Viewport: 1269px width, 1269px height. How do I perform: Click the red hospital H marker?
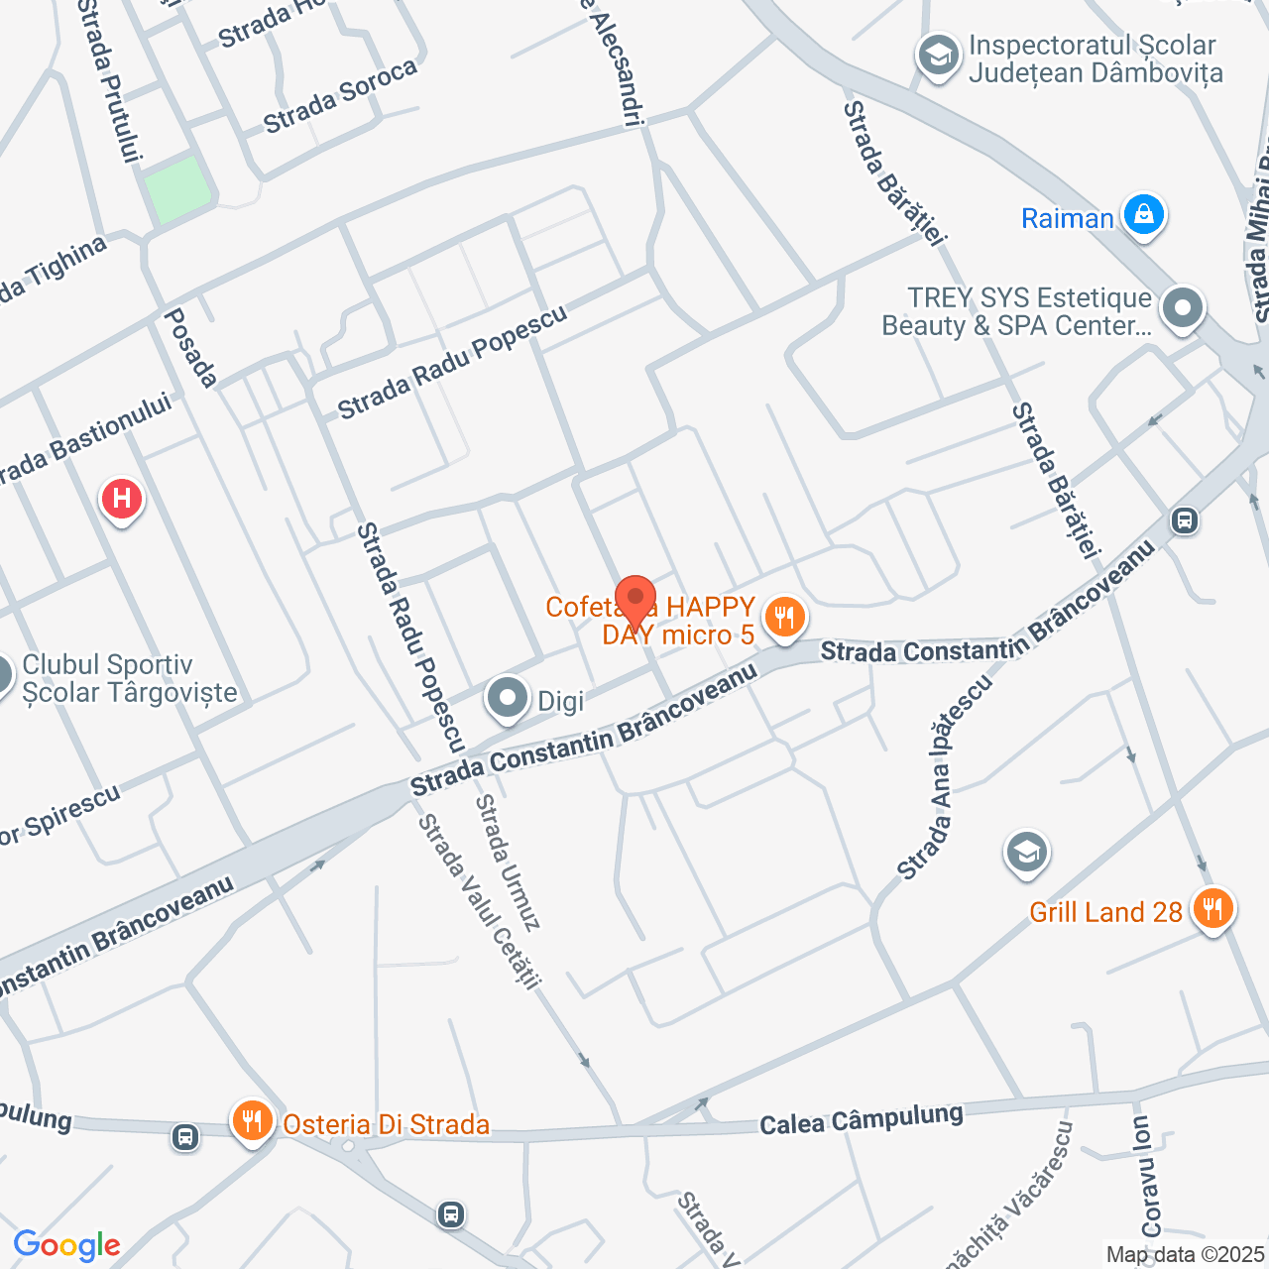click(x=122, y=498)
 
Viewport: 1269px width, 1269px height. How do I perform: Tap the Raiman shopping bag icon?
click(x=1143, y=215)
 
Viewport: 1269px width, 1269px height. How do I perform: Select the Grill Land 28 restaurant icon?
click(x=1211, y=908)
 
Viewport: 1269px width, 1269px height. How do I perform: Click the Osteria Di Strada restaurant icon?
click(x=253, y=1121)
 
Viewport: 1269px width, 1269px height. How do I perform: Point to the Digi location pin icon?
click(x=508, y=698)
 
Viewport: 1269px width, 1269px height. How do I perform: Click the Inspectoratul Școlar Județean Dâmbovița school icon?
click(x=937, y=56)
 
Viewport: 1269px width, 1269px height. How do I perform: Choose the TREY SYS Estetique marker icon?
click(x=1182, y=308)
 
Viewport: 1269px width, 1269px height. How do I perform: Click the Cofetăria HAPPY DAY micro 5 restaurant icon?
click(x=784, y=618)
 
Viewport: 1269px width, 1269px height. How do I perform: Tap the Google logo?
click(x=66, y=1245)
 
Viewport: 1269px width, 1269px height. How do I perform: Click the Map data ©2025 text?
click(x=1185, y=1255)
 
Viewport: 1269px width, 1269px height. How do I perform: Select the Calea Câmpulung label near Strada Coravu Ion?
click(x=861, y=1119)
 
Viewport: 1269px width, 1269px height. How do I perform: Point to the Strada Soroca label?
click(x=340, y=96)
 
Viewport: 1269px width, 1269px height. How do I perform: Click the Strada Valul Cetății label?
click(x=479, y=901)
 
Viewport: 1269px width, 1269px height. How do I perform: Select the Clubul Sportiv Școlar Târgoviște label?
click(x=130, y=678)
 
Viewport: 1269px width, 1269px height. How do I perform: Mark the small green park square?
click(x=177, y=188)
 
